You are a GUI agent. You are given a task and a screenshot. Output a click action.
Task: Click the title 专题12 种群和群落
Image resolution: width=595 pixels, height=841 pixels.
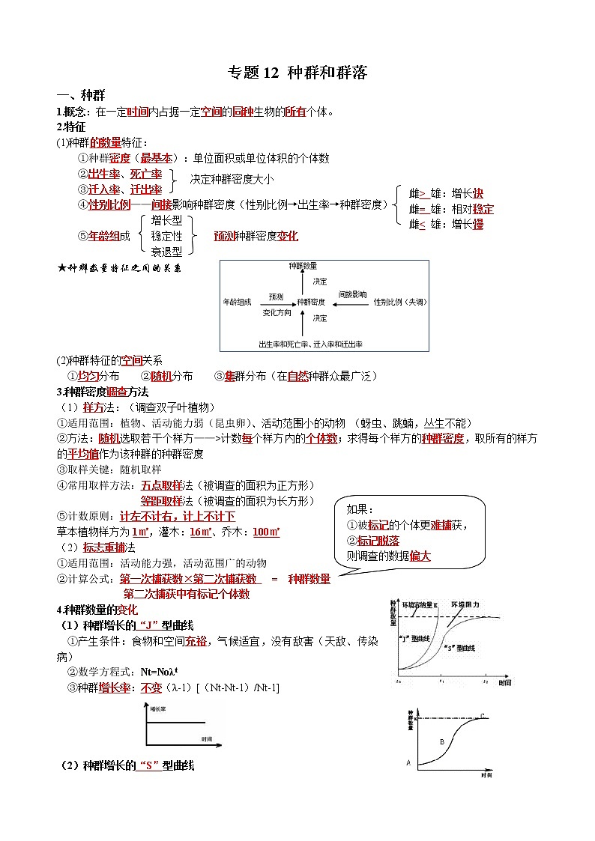point(297,73)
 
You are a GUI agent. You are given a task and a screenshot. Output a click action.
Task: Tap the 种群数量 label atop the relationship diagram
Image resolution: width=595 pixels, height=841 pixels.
point(302,266)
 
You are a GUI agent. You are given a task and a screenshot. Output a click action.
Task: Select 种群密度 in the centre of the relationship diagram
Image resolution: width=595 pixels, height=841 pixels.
point(310,302)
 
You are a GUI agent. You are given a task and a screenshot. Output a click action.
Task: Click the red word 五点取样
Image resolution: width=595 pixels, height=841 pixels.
point(161,485)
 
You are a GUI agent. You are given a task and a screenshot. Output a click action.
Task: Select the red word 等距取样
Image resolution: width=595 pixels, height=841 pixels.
point(161,500)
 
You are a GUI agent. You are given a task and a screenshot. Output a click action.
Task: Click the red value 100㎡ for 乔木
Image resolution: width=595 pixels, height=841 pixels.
point(266,532)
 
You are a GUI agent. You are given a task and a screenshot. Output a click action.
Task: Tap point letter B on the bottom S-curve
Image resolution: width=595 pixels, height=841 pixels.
point(442,742)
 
